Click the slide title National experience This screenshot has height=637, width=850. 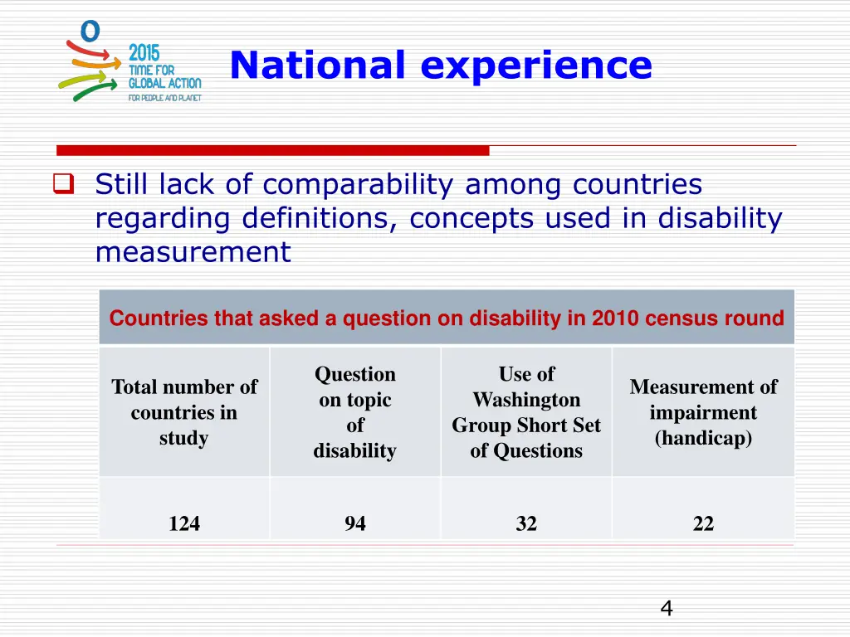(441, 66)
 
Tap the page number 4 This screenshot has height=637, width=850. (666, 610)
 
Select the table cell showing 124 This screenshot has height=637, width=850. (184, 523)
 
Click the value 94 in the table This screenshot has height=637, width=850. (355, 523)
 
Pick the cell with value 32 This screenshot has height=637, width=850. (526, 523)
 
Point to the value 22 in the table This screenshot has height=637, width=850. (703, 523)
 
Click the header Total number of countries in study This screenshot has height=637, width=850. (184, 412)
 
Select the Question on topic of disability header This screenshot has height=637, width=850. (355, 412)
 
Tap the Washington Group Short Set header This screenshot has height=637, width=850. (526, 412)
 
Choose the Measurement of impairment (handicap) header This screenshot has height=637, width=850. (703, 412)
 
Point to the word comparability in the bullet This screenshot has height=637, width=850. (359, 185)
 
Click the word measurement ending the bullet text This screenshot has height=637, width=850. (193, 251)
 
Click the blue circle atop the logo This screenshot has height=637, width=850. (90, 32)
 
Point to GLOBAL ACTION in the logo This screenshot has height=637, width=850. (164, 83)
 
